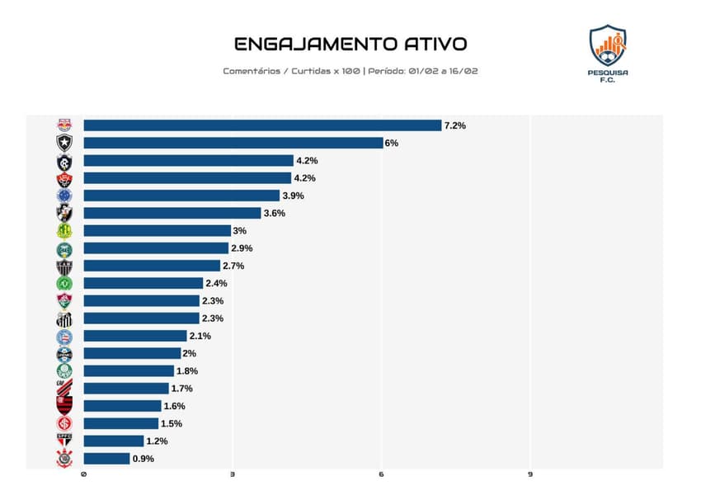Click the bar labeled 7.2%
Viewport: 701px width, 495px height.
point(262,125)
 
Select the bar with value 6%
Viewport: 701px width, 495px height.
point(233,143)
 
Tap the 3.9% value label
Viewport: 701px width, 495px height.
point(293,196)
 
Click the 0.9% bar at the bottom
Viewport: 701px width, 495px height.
point(106,459)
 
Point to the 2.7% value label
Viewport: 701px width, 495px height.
point(233,266)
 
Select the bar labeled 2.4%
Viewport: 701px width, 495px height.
point(143,283)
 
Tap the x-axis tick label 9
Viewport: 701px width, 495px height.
point(529,475)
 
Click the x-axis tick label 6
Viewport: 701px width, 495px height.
point(381,475)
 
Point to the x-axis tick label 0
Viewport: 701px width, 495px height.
point(83,475)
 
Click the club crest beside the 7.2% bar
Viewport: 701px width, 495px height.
point(64,125)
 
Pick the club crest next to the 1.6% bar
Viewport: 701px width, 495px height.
point(64,404)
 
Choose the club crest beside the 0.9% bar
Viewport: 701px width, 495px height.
point(64,459)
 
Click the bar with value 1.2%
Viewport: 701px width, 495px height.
point(113,441)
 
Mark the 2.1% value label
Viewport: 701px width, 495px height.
point(200,336)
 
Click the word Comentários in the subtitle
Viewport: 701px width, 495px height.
point(252,71)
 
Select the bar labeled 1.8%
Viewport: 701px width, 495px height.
point(128,371)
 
